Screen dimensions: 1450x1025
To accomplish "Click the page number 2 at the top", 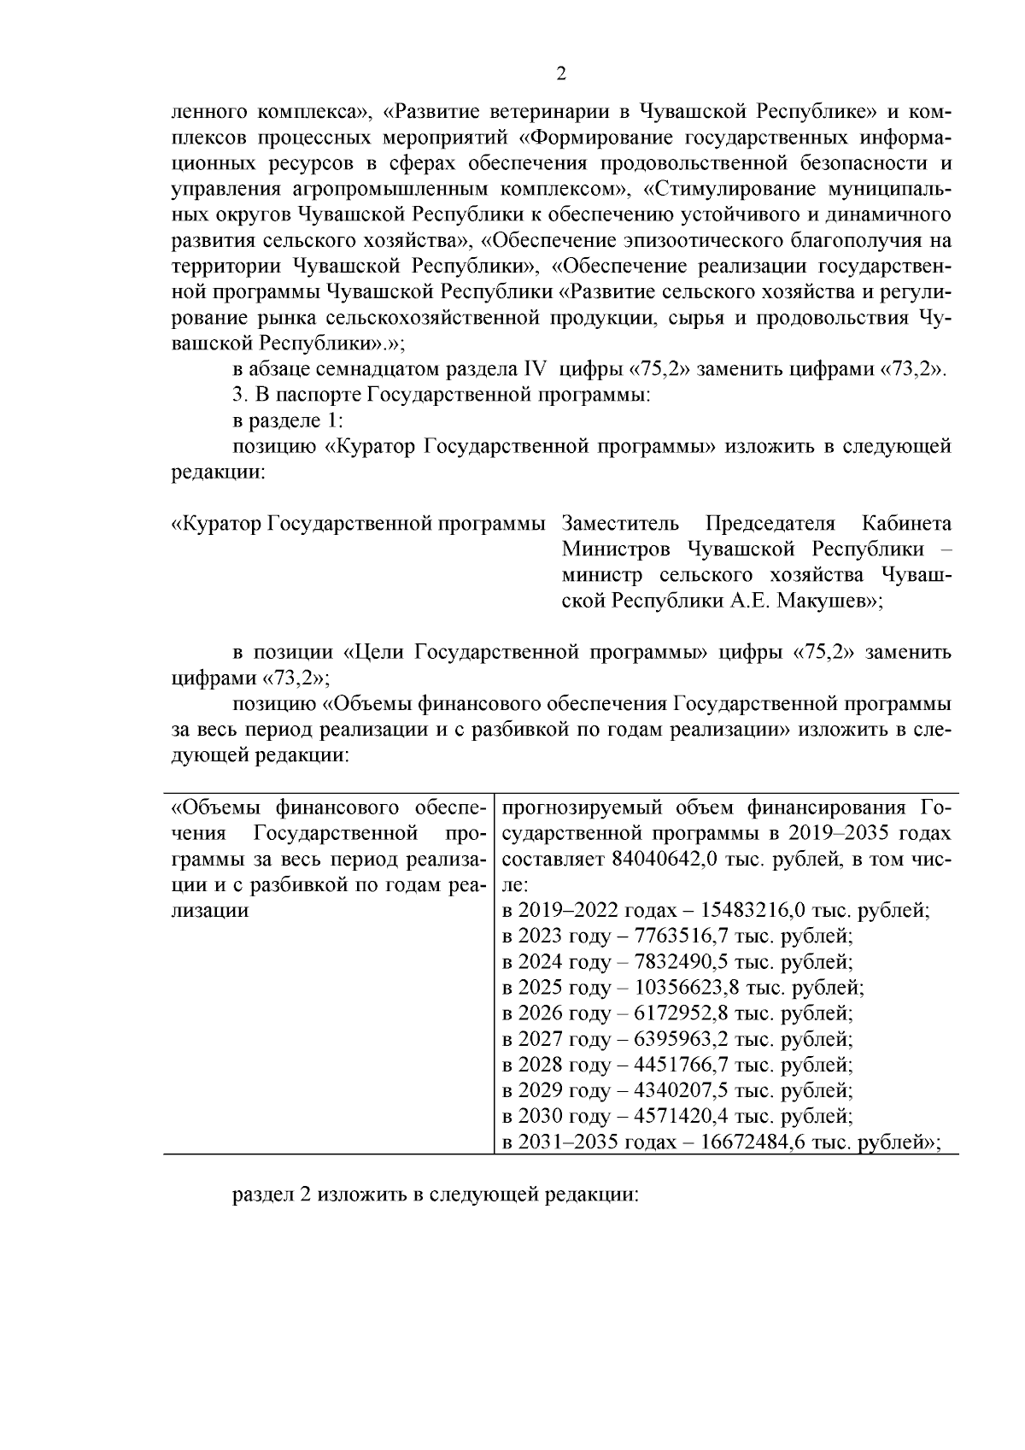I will [x=561, y=74].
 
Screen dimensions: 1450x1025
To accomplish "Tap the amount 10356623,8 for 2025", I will [x=688, y=988].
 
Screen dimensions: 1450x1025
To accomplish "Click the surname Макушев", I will [x=819, y=601].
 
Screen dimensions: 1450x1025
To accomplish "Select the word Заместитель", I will [x=621, y=523].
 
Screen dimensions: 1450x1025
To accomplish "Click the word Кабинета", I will [x=906, y=523].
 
